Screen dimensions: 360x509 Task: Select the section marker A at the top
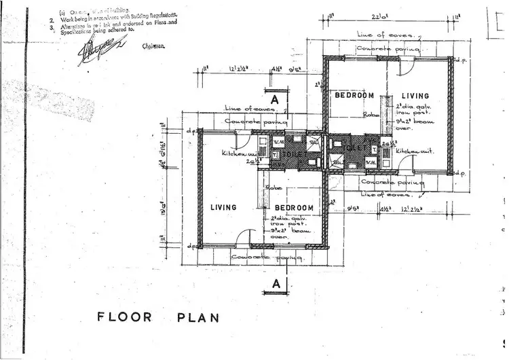[x=275, y=98]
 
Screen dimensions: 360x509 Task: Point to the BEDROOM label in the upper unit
[x=354, y=96]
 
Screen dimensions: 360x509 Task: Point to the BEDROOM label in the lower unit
[x=294, y=208]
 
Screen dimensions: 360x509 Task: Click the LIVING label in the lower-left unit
[x=223, y=208]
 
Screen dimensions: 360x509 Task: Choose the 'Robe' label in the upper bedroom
[x=371, y=115]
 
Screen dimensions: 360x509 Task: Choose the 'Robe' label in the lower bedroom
[x=274, y=187]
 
